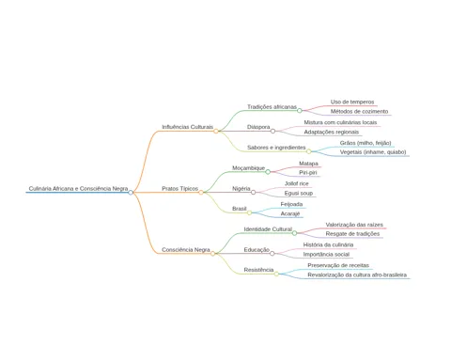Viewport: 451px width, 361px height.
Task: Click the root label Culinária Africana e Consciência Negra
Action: pyautogui.click(x=78, y=189)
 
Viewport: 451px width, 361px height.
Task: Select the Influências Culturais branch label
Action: pyautogui.click(x=187, y=127)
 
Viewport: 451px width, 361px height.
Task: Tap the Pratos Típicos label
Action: pyautogui.click(x=179, y=189)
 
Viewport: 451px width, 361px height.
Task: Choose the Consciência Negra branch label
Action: pyautogui.click(x=186, y=250)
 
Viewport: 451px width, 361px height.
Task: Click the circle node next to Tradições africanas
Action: pyautogui.click(x=300, y=111)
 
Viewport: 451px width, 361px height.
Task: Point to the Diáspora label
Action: pyautogui.click(x=258, y=127)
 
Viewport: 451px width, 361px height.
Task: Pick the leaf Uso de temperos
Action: pyautogui.click(x=352, y=102)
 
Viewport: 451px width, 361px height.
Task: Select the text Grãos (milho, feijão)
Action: pyautogui.click(x=365, y=143)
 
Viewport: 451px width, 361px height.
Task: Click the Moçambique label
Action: pyautogui.click(x=249, y=168)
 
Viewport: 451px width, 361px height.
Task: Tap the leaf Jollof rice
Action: pyautogui.click(x=297, y=183)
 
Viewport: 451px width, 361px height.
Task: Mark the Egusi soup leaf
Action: pyautogui.click(x=299, y=194)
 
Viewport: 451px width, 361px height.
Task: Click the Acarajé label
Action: pyautogui.click(x=290, y=213)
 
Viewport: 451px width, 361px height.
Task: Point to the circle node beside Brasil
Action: pyautogui.click(x=249, y=212)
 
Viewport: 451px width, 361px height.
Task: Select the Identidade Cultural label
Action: pyautogui.click(x=268, y=229)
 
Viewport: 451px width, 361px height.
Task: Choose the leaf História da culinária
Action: pyautogui.click(x=328, y=244)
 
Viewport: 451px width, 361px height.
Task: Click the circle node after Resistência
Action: pyautogui.click(x=276, y=274)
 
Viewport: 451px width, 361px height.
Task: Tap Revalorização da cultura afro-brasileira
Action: pyautogui.click(x=357, y=275)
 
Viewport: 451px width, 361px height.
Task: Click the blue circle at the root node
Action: pyautogui.click(x=131, y=193)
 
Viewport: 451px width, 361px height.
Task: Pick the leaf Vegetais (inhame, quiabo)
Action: pyautogui.click(x=373, y=152)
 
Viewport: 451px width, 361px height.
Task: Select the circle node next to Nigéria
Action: pyautogui.click(x=253, y=193)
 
